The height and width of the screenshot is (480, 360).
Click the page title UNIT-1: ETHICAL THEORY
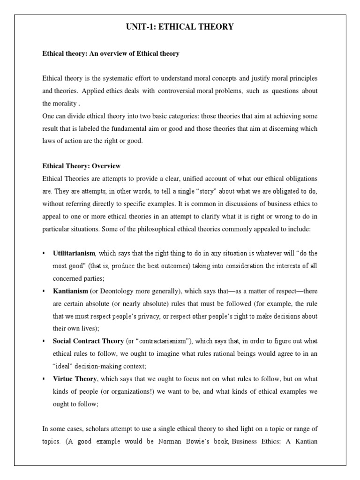(x=180, y=27)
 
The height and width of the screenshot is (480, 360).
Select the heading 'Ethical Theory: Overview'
(x=81, y=166)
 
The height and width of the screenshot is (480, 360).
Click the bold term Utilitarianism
(x=74, y=254)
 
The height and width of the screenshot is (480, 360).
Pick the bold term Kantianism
(x=70, y=291)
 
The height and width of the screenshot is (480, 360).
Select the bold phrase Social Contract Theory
(x=89, y=341)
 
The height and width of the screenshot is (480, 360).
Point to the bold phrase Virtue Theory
(x=75, y=379)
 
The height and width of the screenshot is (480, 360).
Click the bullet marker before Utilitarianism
(x=44, y=254)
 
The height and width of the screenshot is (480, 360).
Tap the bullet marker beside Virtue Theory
(x=44, y=379)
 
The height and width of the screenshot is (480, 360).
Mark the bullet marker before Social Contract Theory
(x=44, y=341)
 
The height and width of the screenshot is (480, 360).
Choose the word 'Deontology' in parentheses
(x=116, y=291)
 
